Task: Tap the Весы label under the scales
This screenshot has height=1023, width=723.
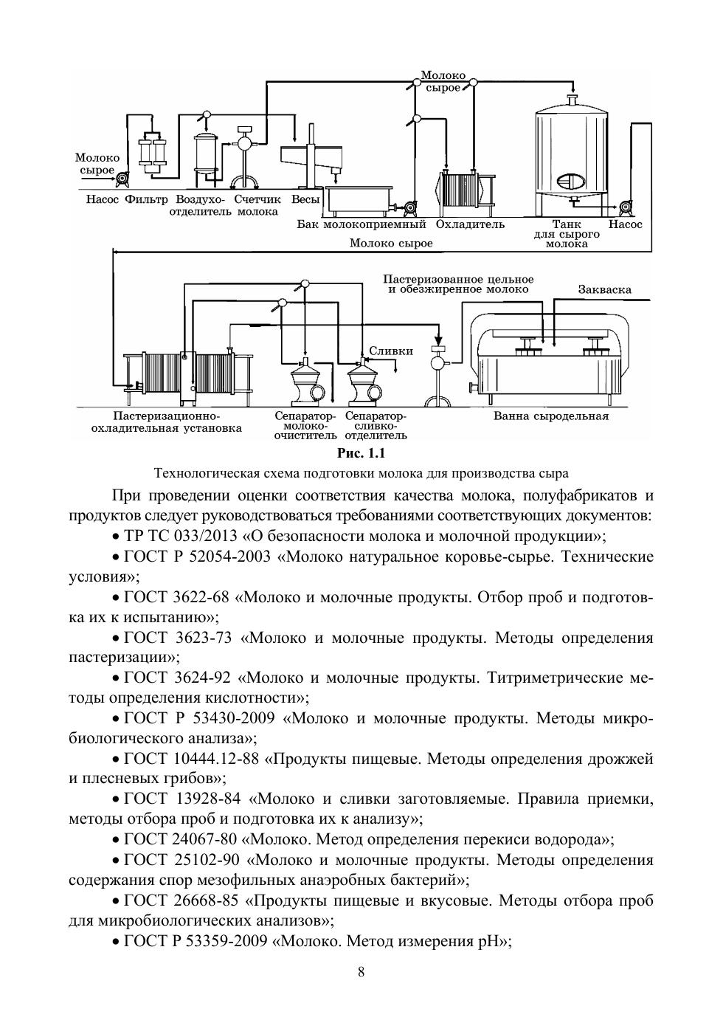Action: pos(305,199)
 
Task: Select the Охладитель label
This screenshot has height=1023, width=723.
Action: pos(470,224)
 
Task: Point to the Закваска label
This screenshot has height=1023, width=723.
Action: pos(605,289)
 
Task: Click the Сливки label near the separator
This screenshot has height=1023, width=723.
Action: pos(391,351)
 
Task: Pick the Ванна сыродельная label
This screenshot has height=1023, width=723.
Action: pos(551,416)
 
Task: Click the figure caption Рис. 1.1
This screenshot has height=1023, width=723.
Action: pos(361,453)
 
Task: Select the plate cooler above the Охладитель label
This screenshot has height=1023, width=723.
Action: pos(467,194)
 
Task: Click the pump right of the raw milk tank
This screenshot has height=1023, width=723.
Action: pos(624,208)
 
